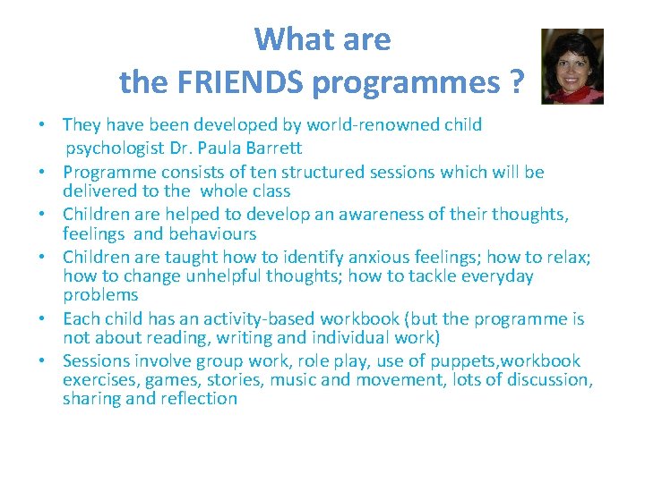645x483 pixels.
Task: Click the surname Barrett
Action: click(x=274, y=148)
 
